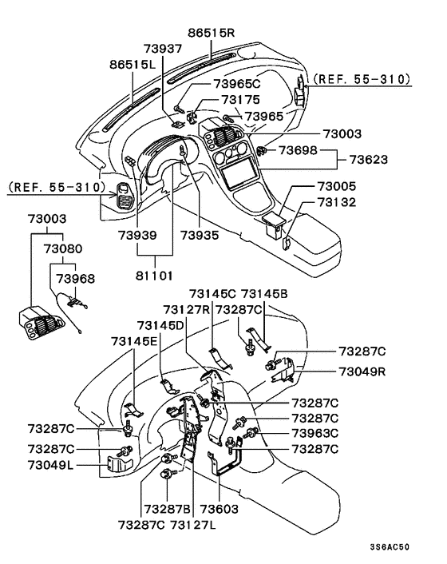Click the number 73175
click(x=240, y=100)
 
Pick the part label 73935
click(x=200, y=236)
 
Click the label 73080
click(x=63, y=248)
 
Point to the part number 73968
click(x=73, y=279)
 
